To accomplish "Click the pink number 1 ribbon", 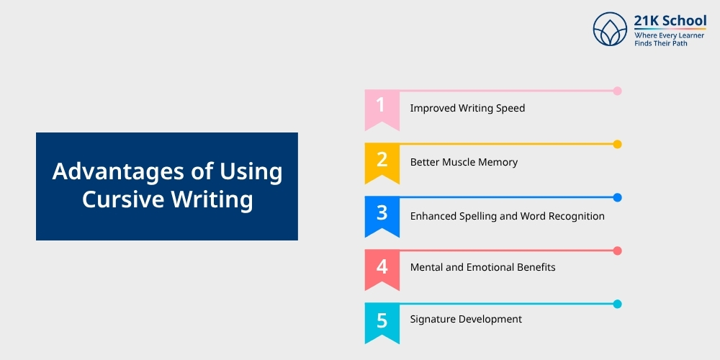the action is (x=382, y=109).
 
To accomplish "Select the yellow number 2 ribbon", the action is (x=382, y=163).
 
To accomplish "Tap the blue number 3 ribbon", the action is (x=382, y=216).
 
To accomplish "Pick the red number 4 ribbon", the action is (x=382, y=269).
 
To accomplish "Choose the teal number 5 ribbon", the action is (x=382, y=323).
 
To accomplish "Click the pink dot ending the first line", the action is (x=617, y=91).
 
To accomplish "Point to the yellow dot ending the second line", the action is (x=617, y=144).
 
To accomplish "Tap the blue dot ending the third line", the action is (x=617, y=197).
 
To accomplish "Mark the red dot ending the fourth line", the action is (x=617, y=251).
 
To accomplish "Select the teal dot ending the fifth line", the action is (x=617, y=304).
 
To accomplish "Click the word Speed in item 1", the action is (x=510, y=109).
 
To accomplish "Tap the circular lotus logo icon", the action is (x=610, y=29).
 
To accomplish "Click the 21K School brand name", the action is (x=670, y=21).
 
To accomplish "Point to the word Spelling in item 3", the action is (x=477, y=216).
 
